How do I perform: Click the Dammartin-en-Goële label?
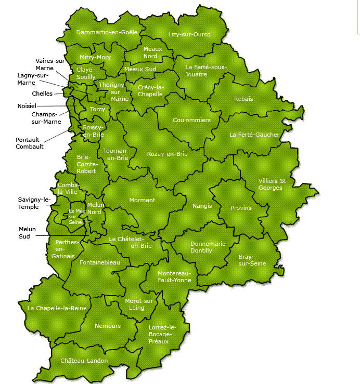107,32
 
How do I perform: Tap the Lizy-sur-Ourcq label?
189,34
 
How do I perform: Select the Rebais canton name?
243,99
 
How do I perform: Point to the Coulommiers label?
192,120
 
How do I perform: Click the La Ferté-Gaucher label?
254,135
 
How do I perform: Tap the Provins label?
241,208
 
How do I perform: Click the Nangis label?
202,206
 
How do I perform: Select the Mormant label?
142,200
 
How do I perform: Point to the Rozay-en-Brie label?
167,154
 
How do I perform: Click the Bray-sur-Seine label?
252,260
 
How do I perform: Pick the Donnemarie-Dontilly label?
209,247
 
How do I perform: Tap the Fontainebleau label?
100,263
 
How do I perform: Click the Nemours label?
108,326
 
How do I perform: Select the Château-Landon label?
84,361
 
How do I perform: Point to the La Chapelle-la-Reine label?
57,308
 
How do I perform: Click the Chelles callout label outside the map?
42,94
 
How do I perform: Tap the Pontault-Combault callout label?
30,143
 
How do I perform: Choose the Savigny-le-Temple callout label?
34,203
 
